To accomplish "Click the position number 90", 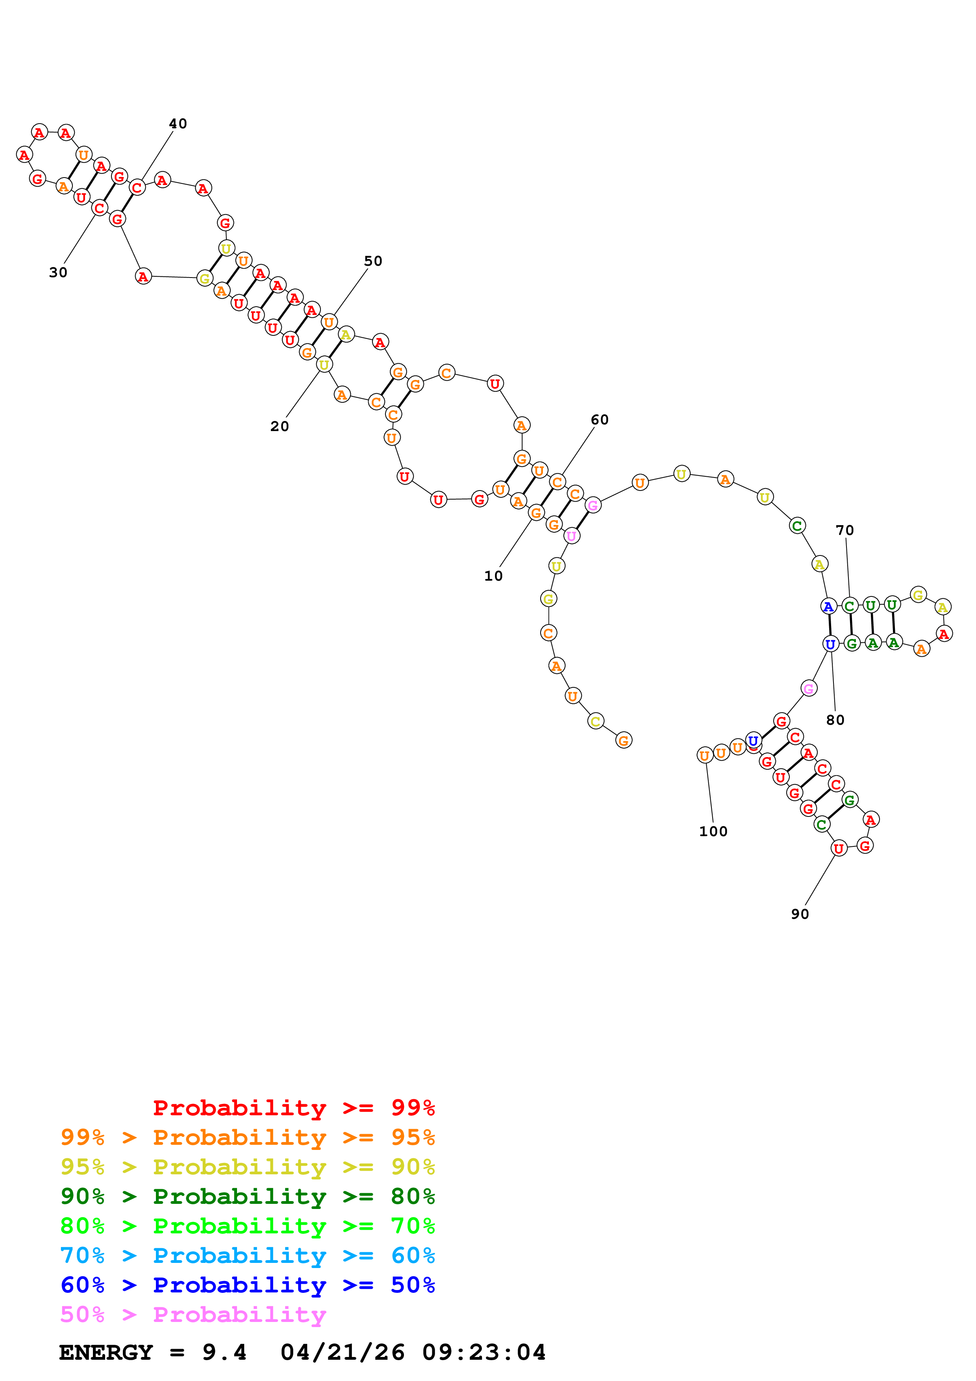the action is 799,914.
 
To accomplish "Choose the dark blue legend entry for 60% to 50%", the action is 247,1285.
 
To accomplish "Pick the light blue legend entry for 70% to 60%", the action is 247,1255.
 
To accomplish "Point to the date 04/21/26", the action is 342,1352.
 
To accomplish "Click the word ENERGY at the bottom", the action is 106,1352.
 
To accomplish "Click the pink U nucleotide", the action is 571,535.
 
